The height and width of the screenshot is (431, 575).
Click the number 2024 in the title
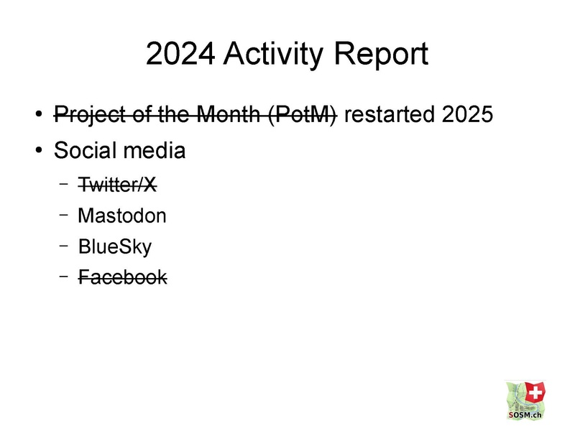coord(180,53)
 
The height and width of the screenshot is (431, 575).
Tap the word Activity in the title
coord(274,55)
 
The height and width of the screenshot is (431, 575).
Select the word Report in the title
coord(381,55)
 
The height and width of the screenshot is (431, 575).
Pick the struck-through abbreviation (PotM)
coord(303,115)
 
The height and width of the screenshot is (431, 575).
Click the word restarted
coord(390,114)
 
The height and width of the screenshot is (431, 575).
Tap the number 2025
coord(468,114)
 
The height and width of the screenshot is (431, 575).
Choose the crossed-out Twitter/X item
coord(117,184)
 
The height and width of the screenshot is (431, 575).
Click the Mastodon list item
coord(122,215)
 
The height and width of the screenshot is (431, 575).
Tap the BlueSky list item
coord(115,246)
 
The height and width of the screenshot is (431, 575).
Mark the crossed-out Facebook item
coord(123,277)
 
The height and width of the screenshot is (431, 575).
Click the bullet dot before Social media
coord(39,150)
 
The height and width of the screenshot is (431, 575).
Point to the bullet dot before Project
coord(39,114)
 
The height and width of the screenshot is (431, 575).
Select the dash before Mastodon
coord(64,215)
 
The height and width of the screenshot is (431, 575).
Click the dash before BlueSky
coord(64,246)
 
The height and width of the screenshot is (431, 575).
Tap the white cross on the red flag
coord(535,392)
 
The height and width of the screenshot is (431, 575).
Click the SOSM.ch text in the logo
coord(525,415)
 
